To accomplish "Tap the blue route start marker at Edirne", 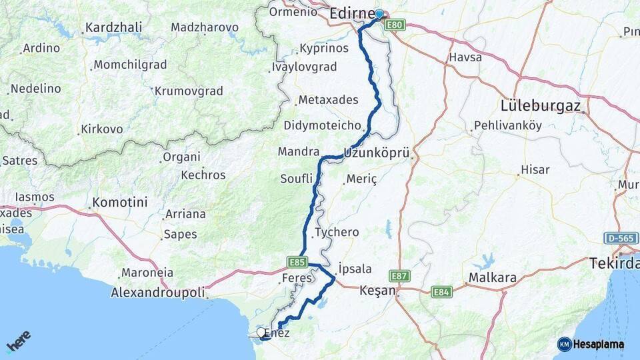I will pos(379,14).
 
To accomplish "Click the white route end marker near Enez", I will pos(261,332).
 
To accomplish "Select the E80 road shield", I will pos(398,25).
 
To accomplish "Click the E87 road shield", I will pos(400,275).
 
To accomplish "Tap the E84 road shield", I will pos(441,291).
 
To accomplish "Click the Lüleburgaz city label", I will pos(541,105).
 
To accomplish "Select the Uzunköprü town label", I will pos(376,152).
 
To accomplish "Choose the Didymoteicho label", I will pos(323,125).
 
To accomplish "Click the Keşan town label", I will pos(377,291).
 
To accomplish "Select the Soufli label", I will pos(297,178).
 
